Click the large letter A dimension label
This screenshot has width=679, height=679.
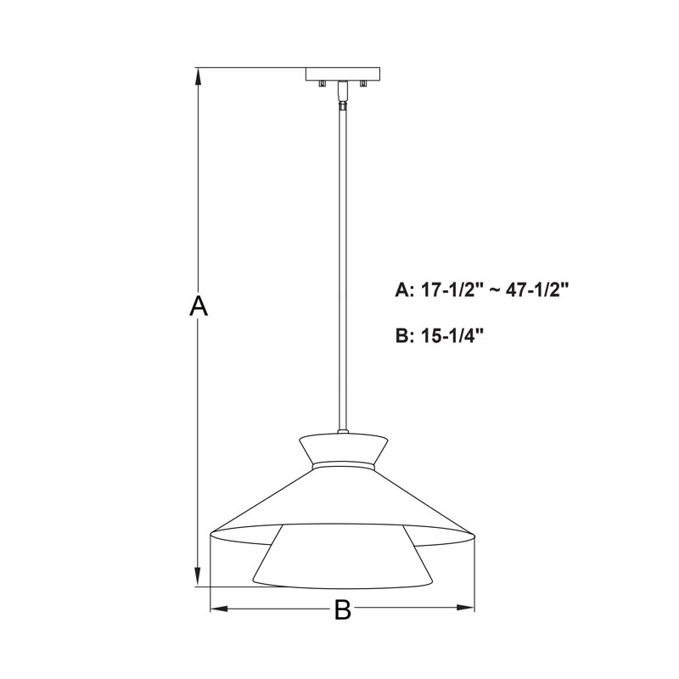pyautogui.click(x=198, y=306)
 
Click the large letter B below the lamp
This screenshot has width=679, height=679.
pyautogui.click(x=342, y=609)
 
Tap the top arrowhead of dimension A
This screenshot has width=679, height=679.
pyautogui.click(x=198, y=75)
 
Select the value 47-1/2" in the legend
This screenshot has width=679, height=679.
pyautogui.click(x=536, y=290)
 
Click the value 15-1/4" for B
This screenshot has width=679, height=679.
pyautogui.click(x=452, y=335)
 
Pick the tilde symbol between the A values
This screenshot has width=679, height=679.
pyautogui.click(x=495, y=290)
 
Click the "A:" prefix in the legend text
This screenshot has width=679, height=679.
pyautogui.click(x=404, y=290)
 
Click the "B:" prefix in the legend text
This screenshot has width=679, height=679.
pyautogui.click(x=404, y=335)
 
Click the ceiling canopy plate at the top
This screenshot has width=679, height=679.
pyautogui.click(x=343, y=74)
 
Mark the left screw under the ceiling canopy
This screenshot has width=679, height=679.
pyautogui.click(x=322, y=83)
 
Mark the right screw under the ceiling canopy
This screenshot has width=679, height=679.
pyautogui.click(x=363, y=83)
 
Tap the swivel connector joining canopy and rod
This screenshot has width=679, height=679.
pyautogui.click(x=343, y=95)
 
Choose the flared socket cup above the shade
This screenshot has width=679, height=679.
pyautogui.click(x=344, y=447)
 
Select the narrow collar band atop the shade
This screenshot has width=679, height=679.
pyautogui.click(x=344, y=466)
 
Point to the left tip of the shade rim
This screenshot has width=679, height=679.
pyautogui.click(x=211, y=534)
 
